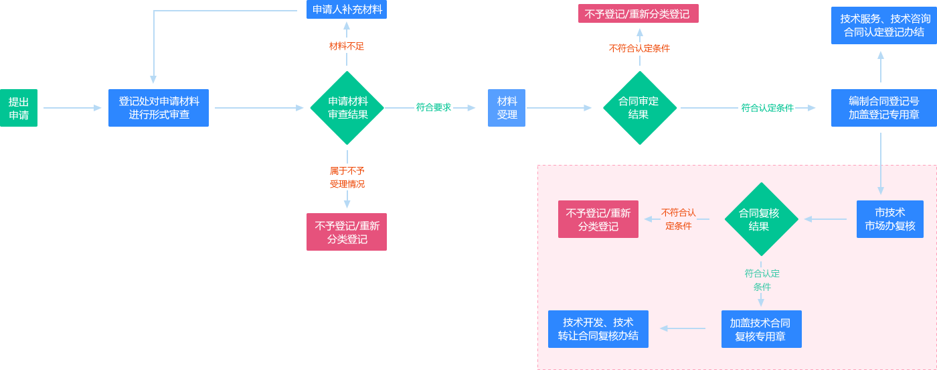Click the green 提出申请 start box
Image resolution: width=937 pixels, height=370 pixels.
tap(19, 108)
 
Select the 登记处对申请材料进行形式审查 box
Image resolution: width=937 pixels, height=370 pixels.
tap(159, 108)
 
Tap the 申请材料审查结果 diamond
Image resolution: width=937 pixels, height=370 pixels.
tap(347, 108)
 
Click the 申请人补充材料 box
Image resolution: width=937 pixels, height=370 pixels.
tap(347, 9)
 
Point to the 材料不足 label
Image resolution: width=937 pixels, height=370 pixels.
tap(347, 46)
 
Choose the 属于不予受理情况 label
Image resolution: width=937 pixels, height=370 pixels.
tap(347, 177)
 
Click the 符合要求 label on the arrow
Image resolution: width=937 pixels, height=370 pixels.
tap(434, 107)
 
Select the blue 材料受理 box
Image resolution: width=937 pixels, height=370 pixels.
tap(507, 108)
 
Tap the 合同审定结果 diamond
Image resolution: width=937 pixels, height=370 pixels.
tap(639, 108)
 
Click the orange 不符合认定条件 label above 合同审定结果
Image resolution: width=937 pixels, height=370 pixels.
tap(639, 48)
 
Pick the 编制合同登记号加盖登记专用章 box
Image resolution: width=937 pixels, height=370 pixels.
tap(883, 108)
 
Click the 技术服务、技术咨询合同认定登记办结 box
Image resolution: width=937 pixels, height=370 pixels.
tap(883, 25)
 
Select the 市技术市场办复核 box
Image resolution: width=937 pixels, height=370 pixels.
tap(889, 219)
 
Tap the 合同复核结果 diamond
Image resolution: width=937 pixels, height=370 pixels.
tap(761, 219)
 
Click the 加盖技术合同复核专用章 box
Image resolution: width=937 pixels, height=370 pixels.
tap(761, 329)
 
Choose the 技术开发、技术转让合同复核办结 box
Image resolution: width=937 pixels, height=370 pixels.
tap(598, 329)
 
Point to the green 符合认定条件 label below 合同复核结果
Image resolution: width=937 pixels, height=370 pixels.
tap(762, 280)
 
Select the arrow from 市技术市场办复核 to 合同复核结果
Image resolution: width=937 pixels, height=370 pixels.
tap(826, 219)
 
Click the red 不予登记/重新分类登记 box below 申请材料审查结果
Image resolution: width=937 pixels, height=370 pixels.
tap(347, 232)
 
